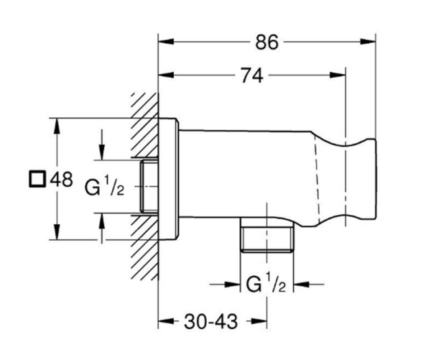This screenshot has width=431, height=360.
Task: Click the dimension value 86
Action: point(267,42)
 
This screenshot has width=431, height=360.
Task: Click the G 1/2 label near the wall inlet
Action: point(105,188)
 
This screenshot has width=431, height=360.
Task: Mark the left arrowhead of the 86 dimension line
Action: point(162,42)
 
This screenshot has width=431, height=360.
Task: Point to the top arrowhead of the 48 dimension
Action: point(57,120)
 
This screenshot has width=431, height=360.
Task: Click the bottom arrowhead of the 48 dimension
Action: point(57,237)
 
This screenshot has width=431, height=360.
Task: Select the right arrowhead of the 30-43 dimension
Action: point(265,319)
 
